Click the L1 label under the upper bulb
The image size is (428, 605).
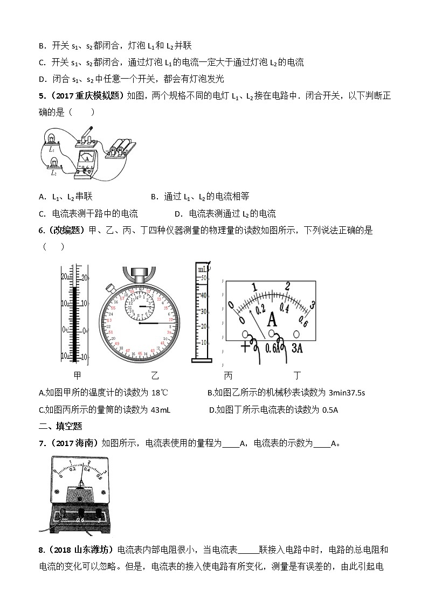coord(51,147)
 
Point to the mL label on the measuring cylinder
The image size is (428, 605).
coord(202,269)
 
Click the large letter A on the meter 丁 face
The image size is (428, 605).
coord(272,320)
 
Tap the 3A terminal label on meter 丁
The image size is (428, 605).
coord(298,347)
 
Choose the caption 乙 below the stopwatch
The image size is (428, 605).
coord(155,375)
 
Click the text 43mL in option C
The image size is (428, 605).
coord(161,410)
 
